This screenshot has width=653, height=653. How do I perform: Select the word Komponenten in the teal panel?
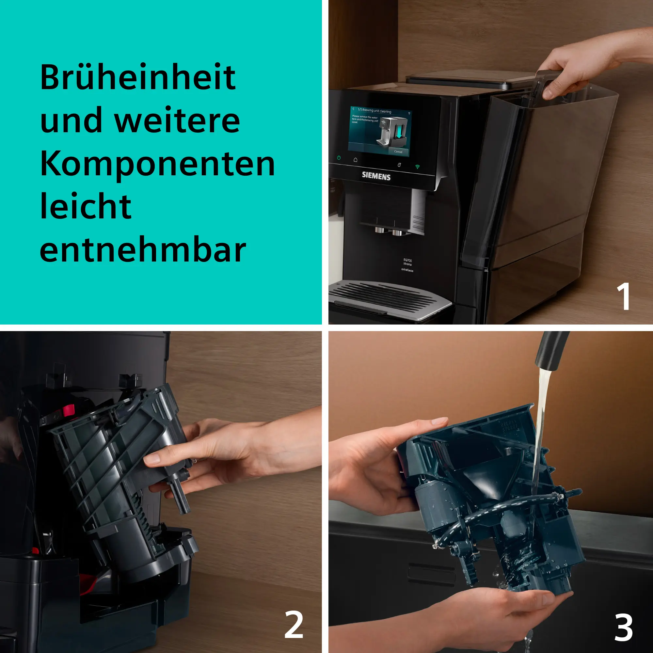pos(157,164)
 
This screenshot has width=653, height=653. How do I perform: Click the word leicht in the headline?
pos(86,207)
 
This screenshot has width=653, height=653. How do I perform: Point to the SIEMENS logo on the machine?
pos(376,176)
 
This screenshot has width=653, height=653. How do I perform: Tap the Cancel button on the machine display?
pos(398,152)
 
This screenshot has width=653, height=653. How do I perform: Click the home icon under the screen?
pos(355,160)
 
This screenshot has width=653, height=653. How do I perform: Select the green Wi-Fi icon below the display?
pos(417,167)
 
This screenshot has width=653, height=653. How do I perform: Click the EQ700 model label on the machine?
pos(407,260)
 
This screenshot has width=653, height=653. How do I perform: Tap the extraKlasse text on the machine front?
pos(407,270)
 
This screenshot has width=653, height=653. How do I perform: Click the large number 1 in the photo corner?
pos(623,296)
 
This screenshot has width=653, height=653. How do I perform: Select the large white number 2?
pos(294,625)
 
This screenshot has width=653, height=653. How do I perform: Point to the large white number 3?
pos(623,627)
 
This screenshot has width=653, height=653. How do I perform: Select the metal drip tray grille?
pos(389,299)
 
